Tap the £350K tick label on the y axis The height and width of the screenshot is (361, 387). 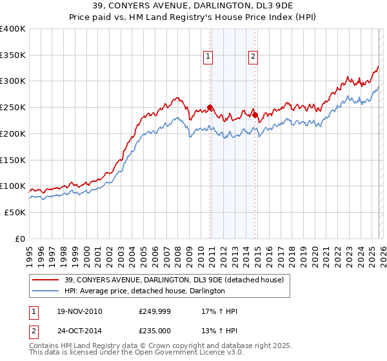tap(12, 55)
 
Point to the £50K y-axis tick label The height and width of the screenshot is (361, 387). tap(15, 212)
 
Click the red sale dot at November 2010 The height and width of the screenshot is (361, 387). tap(210, 107)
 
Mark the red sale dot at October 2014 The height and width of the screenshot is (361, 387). tap(255, 115)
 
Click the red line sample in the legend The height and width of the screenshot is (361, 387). tap(46, 280)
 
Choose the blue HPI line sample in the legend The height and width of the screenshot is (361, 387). tap(46, 291)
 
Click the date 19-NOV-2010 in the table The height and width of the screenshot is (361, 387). tap(79, 311)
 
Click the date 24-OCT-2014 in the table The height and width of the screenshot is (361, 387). tap(79, 332)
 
